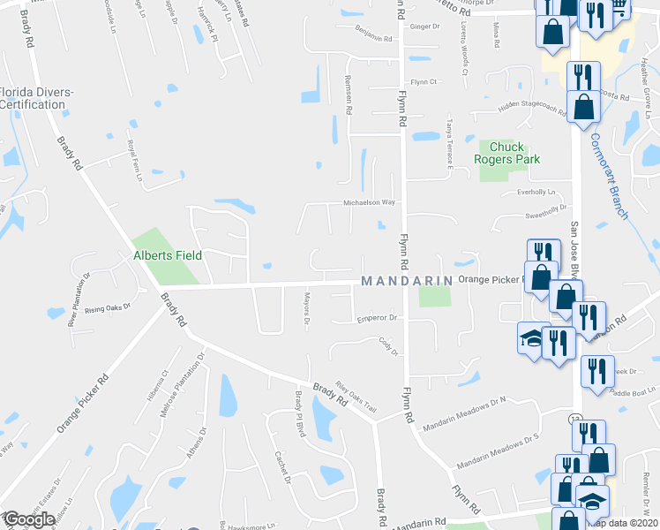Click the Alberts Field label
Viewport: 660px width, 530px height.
(x=168, y=255)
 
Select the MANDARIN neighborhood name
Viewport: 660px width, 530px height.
(x=406, y=281)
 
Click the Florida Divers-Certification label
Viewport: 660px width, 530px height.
(x=37, y=98)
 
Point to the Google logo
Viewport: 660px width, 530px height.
(x=29, y=519)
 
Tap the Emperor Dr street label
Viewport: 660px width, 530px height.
(x=379, y=318)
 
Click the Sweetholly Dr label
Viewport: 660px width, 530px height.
(x=544, y=211)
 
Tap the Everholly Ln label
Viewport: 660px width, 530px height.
(x=536, y=192)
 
